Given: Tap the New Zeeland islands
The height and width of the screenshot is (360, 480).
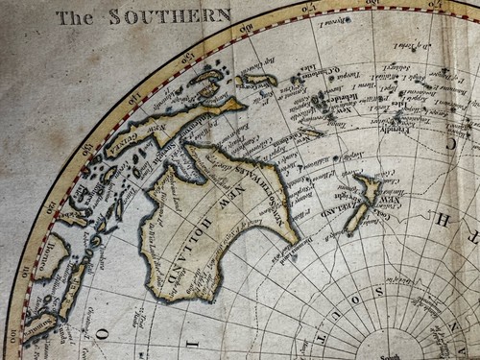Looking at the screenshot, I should coord(364,202).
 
